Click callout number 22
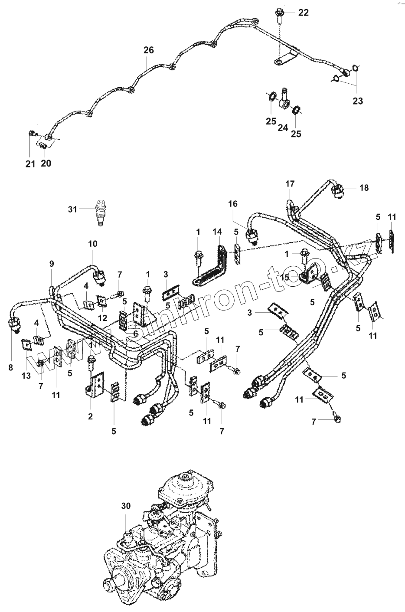pos(304,13)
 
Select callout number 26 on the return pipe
pos(148,50)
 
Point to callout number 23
pos(358,101)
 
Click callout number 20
pos(46,163)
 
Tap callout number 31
pos(72,209)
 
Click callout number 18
pos(364,187)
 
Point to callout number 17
pos(290,184)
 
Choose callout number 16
pos(233,204)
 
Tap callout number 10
pos(93,244)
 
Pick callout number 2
pos(90,417)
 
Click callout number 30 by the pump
pos(126,505)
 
